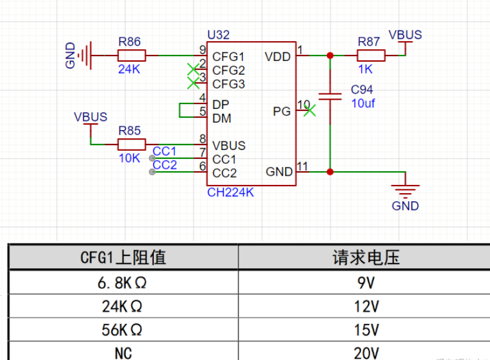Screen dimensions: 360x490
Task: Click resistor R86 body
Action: click(131, 56)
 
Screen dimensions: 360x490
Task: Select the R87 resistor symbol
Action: click(371, 56)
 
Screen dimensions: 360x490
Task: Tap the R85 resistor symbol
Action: click(131, 144)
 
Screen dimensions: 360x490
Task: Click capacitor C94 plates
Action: click(330, 97)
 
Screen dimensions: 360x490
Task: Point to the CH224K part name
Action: click(230, 193)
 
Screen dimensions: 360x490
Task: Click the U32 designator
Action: click(218, 34)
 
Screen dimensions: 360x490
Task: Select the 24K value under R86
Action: click(130, 70)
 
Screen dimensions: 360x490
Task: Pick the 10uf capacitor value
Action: click(363, 104)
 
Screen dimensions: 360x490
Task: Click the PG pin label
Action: click(282, 111)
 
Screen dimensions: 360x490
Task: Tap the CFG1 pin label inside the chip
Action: click(229, 57)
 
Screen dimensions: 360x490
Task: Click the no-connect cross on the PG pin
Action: click(309, 111)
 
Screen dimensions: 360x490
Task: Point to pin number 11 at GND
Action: click(303, 166)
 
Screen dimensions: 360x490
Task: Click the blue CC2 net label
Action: click(164, 165)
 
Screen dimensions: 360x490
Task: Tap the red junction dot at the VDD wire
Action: click(330, 56)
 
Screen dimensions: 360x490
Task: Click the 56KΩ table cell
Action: click(123, 329)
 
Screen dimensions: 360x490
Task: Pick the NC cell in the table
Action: click(123, 353)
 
